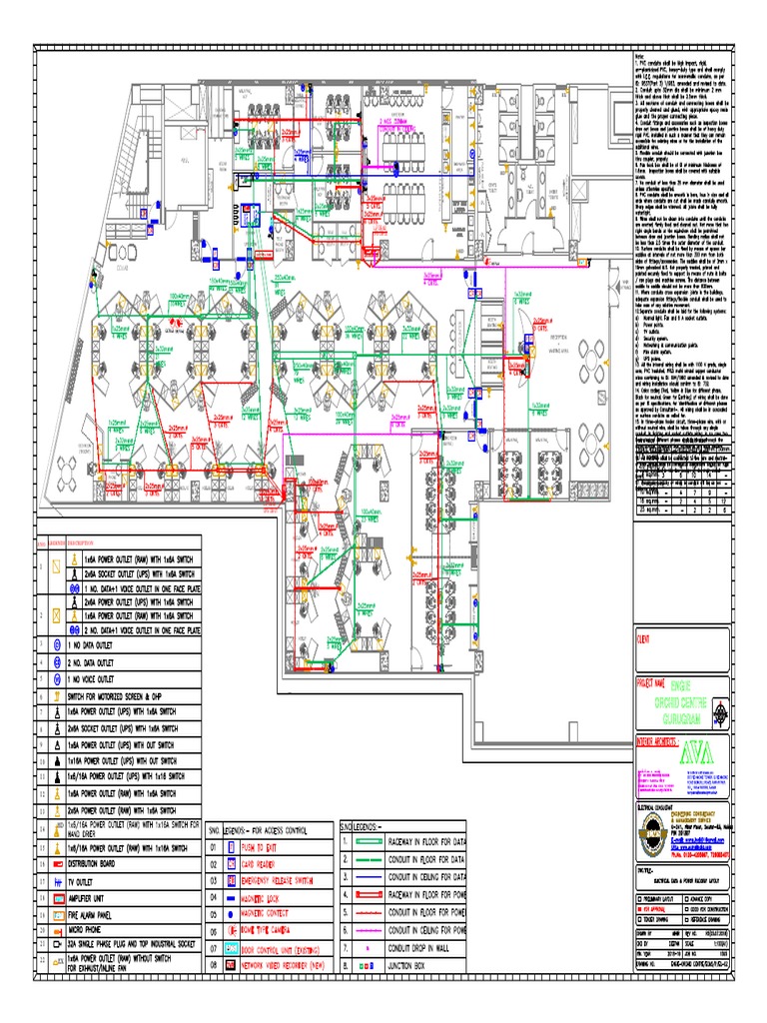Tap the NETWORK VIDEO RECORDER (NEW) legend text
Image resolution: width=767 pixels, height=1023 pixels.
point(291,966)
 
